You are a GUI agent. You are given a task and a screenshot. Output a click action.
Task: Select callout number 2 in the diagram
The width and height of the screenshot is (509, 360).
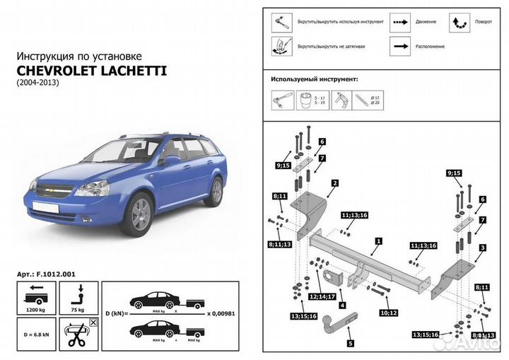click(334, 182)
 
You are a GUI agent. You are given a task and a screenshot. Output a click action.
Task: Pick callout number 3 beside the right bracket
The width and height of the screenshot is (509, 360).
click(481, 248)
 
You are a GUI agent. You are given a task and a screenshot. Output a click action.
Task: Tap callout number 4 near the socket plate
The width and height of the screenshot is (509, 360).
click(341, 305)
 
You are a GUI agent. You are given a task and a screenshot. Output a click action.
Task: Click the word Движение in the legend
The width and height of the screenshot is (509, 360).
click(426, 22)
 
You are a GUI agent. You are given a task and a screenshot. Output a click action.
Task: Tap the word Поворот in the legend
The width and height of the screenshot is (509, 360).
click(484, 22)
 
